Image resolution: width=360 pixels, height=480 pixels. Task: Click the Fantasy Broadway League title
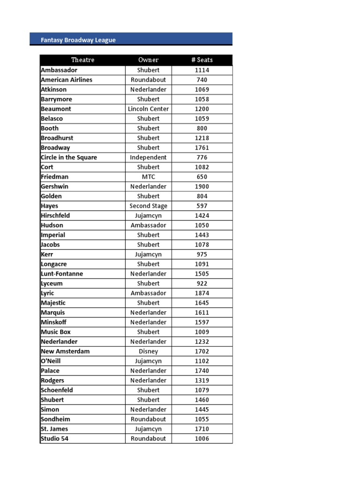tap(78, 40)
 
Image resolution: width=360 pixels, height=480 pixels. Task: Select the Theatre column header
tap(82, 60)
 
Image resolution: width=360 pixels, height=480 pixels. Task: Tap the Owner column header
tap(148, 60)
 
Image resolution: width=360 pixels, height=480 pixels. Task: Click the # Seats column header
tap(202, 60)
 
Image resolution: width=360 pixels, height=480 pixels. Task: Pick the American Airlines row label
tap(67, 80)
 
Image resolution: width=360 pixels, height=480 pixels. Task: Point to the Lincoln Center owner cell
tap(148, 109)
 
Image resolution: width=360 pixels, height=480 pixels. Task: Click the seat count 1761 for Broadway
tap(202, 148)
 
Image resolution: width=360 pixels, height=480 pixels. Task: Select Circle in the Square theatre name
tap(69, 157)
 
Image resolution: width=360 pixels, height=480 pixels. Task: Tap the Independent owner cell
tap(148, 157)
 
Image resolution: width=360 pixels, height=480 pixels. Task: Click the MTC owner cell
tap(148, 177)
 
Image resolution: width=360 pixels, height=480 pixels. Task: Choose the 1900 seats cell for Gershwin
tap(202, 187)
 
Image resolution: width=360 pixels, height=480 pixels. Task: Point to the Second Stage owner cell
tap(148, 206)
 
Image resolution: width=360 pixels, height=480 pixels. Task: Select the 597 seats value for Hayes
tap(202, 206)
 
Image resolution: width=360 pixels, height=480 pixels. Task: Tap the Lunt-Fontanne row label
tap(62, 274)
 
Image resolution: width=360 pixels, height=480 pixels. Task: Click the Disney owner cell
tap(148, 351)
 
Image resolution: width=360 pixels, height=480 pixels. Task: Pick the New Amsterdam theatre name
tap(65, 351)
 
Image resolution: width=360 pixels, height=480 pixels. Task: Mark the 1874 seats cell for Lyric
tap(202, 293)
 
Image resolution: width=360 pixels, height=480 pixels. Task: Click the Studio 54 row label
tap(54, 439)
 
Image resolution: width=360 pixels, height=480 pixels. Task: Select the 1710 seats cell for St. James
tap(202, 429)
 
